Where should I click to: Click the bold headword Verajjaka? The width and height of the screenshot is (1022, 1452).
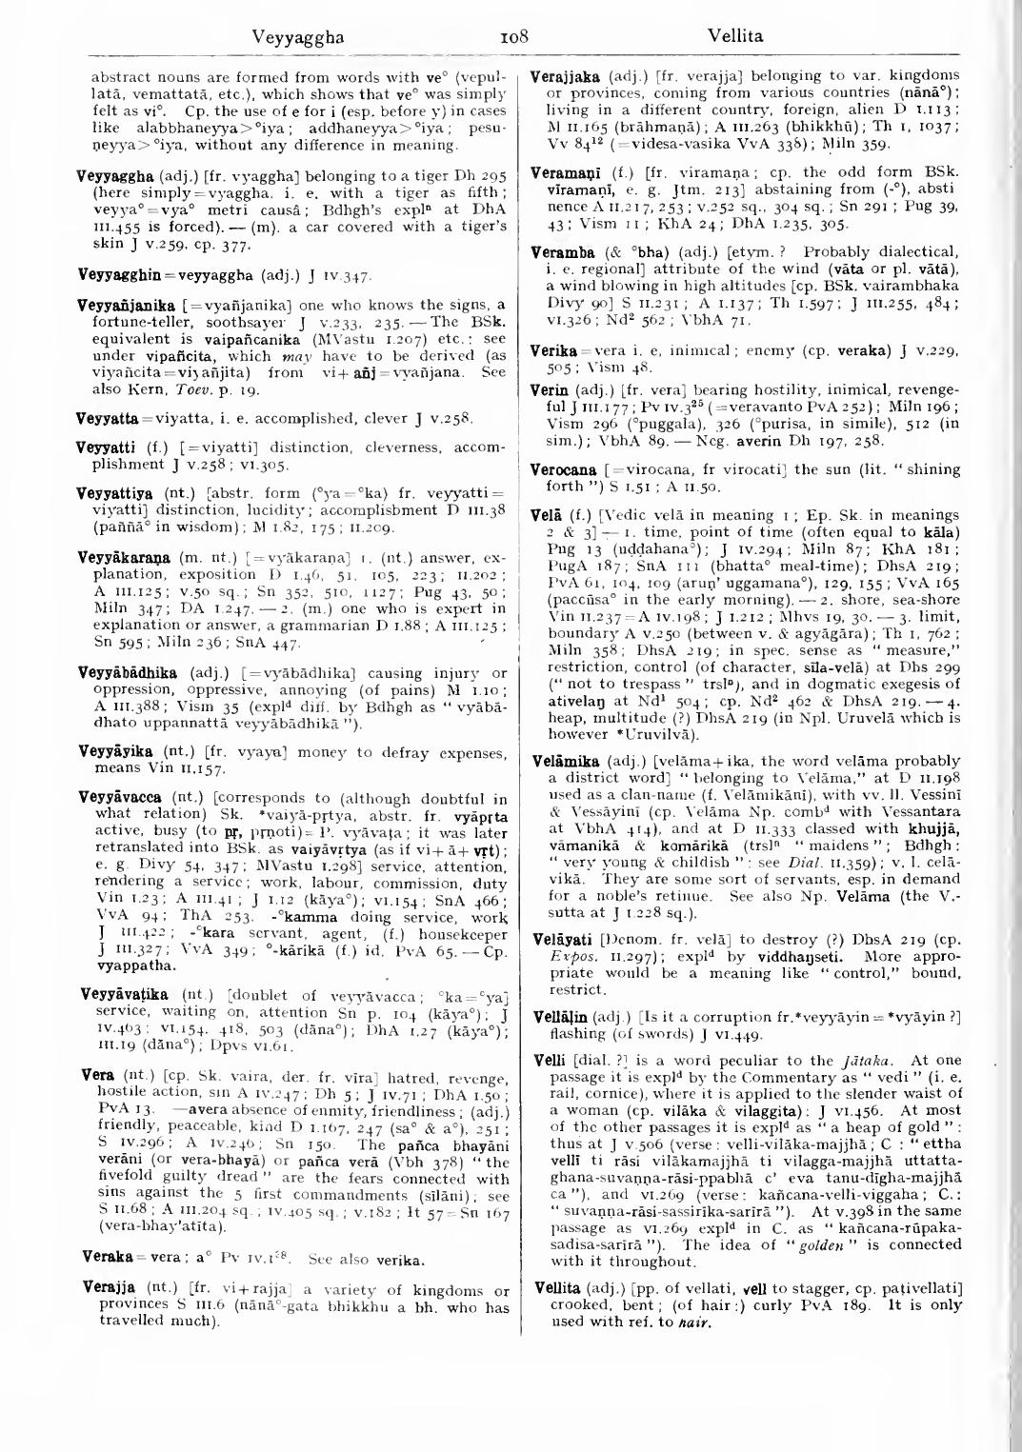pos(563,74)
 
